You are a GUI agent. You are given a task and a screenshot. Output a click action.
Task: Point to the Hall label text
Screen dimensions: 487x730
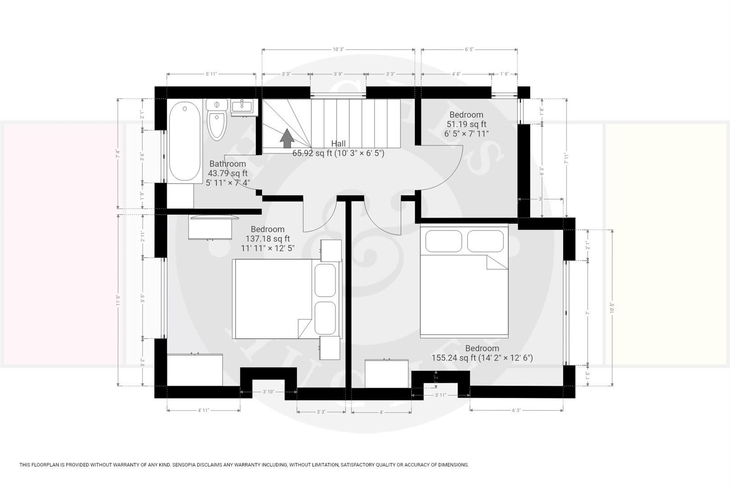pyautogui.click(x=338, y=143)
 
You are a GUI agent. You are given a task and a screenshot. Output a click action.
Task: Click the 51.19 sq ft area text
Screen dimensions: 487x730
pyautogui.click(x=466, y=124)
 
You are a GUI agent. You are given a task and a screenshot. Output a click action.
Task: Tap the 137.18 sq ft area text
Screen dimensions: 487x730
pyautogui.click(x=268, y=239)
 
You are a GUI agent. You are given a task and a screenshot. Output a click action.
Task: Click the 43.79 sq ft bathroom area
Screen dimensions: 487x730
pyautogui.click(x=228, y=173)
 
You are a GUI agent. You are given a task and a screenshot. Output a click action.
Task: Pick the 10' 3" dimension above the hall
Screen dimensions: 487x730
pyautogui.click(x=338, y=50)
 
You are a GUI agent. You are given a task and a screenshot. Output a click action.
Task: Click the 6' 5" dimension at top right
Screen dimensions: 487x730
pyautogui.click(x=469, y=50)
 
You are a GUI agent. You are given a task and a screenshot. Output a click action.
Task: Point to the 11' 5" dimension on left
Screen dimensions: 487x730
pyautogui.click(x=118, y=300)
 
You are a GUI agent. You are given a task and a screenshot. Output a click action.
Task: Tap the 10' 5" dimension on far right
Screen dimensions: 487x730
pyautogui.click(x=612, y=307)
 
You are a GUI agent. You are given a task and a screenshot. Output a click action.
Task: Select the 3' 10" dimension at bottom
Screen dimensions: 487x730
pyautogui.click(x=268, y=392)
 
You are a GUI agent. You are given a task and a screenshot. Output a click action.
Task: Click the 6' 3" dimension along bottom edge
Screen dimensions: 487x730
pyautogui.click(x=516, y=410)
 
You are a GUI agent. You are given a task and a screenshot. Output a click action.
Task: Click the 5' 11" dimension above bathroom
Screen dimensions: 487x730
pyautogui.click(x=211, y=74)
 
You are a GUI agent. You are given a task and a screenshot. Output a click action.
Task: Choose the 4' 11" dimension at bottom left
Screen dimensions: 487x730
pyautogui.click(x=203, y=410)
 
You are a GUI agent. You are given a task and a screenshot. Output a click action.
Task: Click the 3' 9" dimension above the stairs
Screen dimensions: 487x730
pyautogui.click(x=338, y=74)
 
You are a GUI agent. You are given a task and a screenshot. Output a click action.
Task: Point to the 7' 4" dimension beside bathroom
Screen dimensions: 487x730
pyautogui.click(x=118, y=153)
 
